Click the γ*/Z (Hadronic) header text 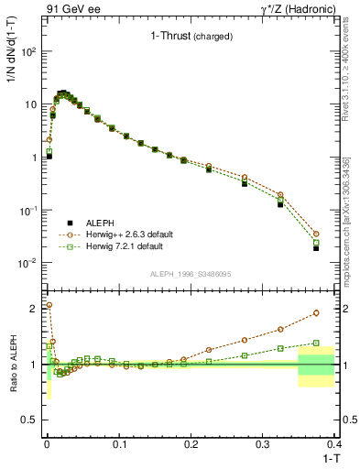pos(295,8)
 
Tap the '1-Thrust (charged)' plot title pos(191,37)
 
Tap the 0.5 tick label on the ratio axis pos(29,420)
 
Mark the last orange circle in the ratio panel pos(316,312)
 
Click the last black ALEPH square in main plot pos(316,248)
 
